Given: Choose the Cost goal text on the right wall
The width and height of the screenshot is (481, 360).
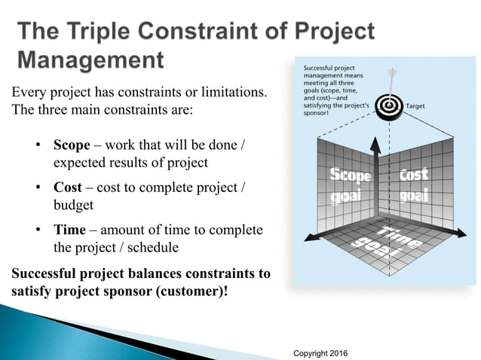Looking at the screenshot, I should pyautogui.click(x=414, y=184).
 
